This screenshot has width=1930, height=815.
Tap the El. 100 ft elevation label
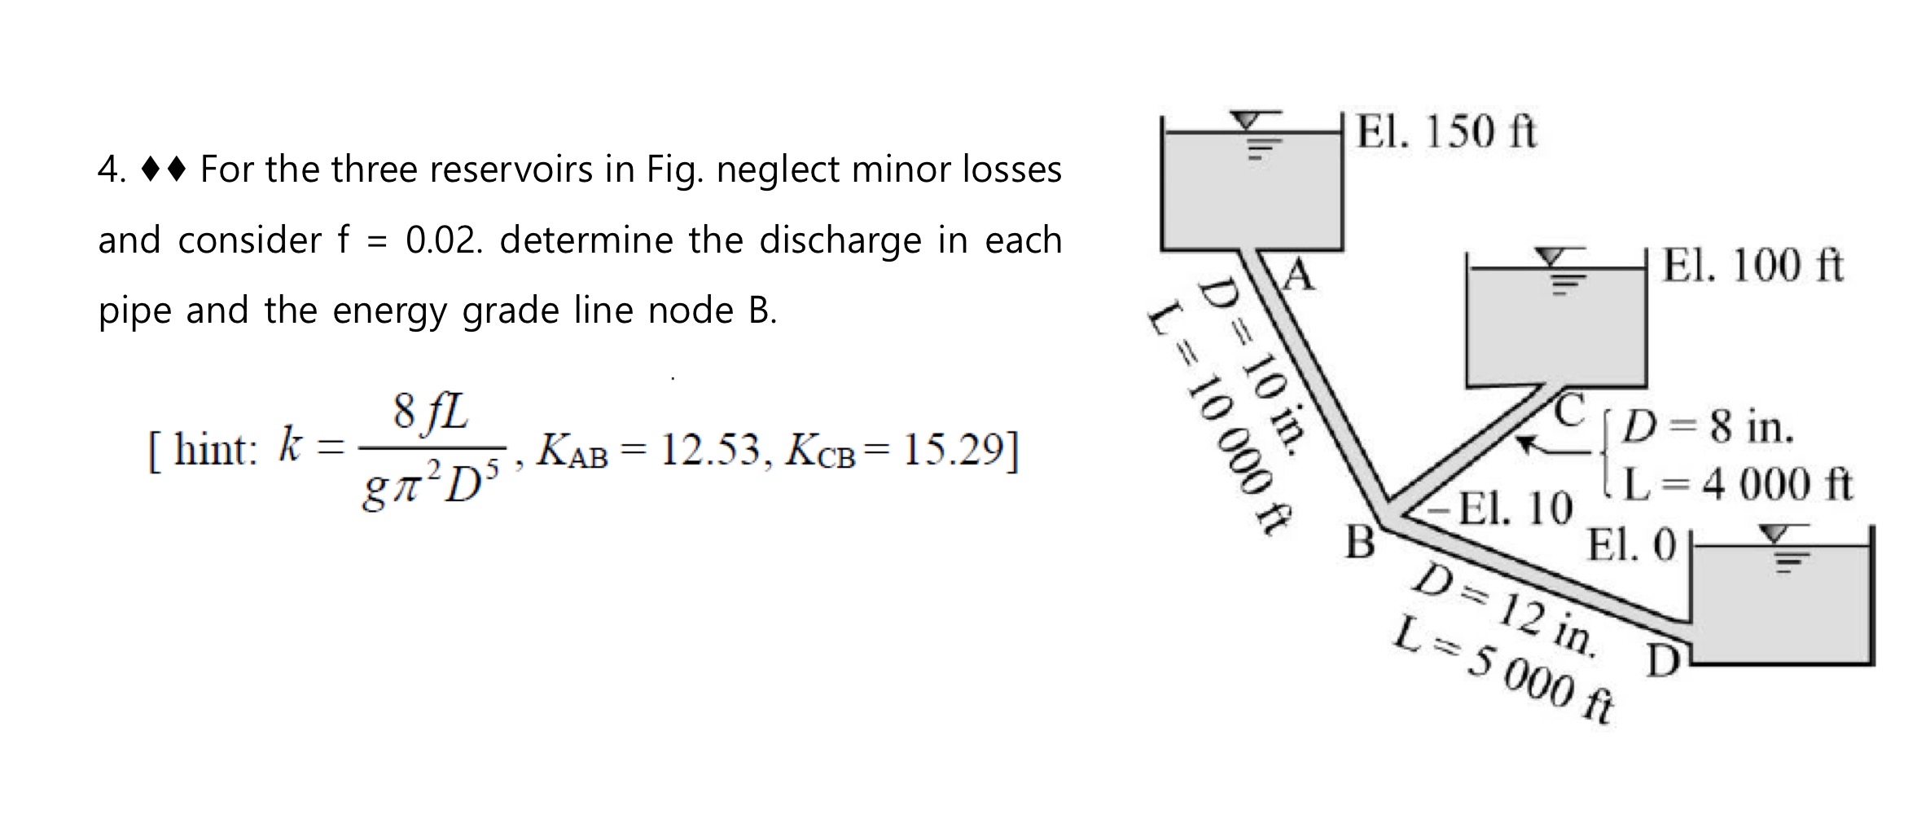pyautogui.click(x=1752, y=266)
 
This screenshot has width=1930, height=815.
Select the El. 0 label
pyautogui.click(x=1632, y=545)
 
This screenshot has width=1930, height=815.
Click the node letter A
pyautogui.click(x=1300, y=276)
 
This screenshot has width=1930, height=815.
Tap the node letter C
pyautogui.click(x=1568, y=410)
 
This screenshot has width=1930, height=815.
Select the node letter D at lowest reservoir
pyautogui.click(x=1664, y=661)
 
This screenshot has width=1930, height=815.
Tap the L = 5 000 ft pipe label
pyautogui.click(x=1502, y=671)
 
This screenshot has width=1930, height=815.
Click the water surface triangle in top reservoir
pyautogui.click(x=1245, y=121)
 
